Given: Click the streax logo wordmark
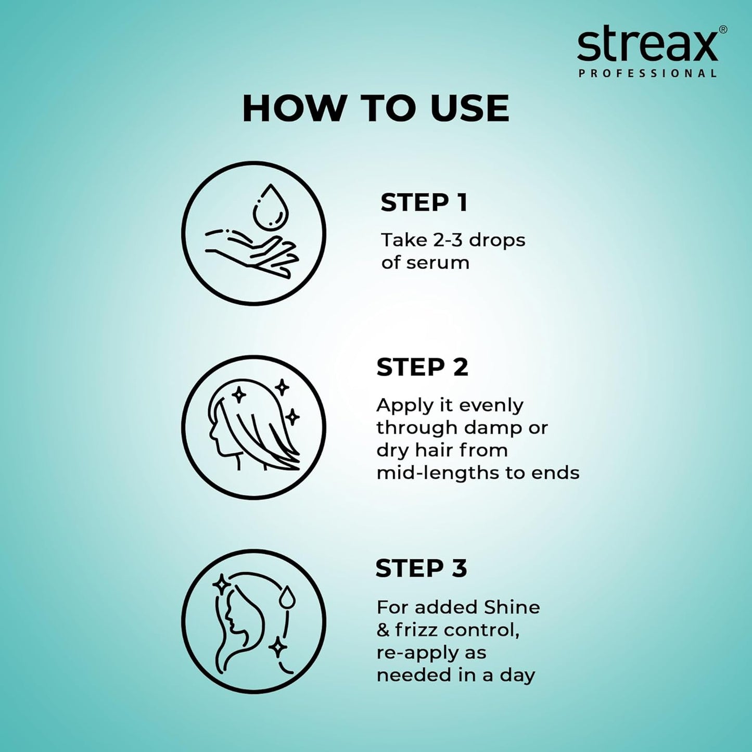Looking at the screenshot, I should click(x=647, y=46).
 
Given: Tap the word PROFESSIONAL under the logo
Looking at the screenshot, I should click(x=647, y=73).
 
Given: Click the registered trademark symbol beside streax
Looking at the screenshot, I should click(x=723, y=30).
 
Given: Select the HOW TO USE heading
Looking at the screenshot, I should click(x=375, y=109).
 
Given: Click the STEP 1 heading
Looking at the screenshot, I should click(x=424, y=202).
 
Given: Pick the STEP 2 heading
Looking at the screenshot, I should click(x=422, y=367).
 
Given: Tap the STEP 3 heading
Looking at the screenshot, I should click(x=421, y=568).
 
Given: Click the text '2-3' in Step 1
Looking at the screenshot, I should click(x=448, y=240).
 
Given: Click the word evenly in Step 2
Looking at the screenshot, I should click(x=491, y=405).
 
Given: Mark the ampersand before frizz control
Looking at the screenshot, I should click(x=383, y=630).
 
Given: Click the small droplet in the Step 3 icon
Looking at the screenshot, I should click(x=286, y=597).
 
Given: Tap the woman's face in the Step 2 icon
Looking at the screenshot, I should click(x=218, y=433).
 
